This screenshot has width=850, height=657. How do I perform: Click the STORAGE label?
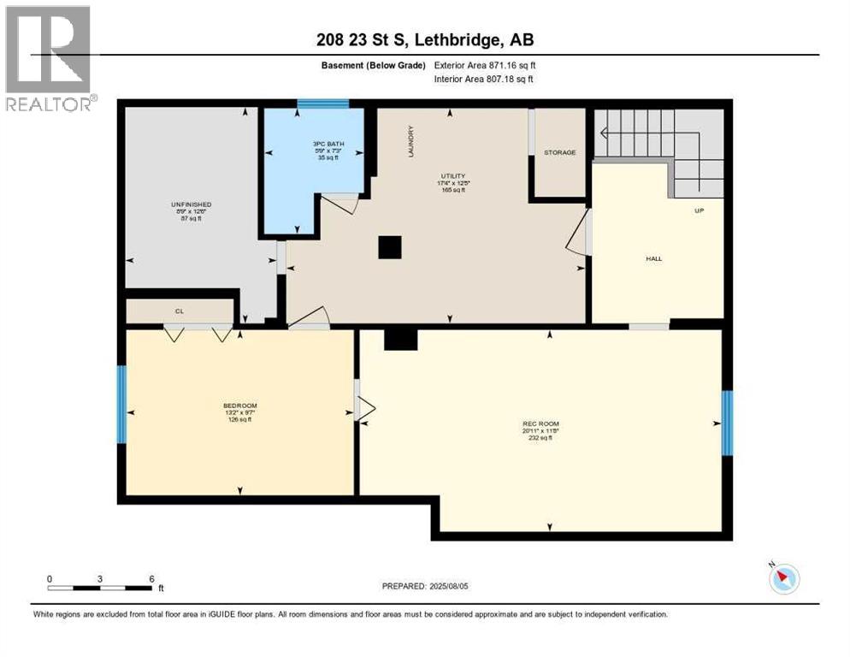pyautogui.click(x=560, y=152)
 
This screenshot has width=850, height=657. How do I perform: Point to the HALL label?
pyautogui.click(x=654, y=258)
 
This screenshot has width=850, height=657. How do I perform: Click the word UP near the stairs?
pyautogui.click(x=698, y=210)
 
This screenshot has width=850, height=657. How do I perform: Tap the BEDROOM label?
pyautogui.click(x=239, y=405)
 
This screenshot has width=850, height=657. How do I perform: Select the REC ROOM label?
pyautogui.click(x=540, y=423)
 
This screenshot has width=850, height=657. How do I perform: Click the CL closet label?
pyautogui.click(x=180, y=311)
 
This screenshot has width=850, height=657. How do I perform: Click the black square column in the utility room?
pyautogui.click(x=390, y=247)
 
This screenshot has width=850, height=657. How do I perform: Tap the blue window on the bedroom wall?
pyautogui.click(x=121, y=404)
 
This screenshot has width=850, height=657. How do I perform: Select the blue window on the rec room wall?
pyautogui.click(x=727, y=423)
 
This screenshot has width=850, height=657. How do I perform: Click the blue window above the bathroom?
pyautogui.click(x=322, y=104)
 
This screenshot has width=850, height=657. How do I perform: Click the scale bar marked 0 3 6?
pyautogui.click(x=101, y=588)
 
